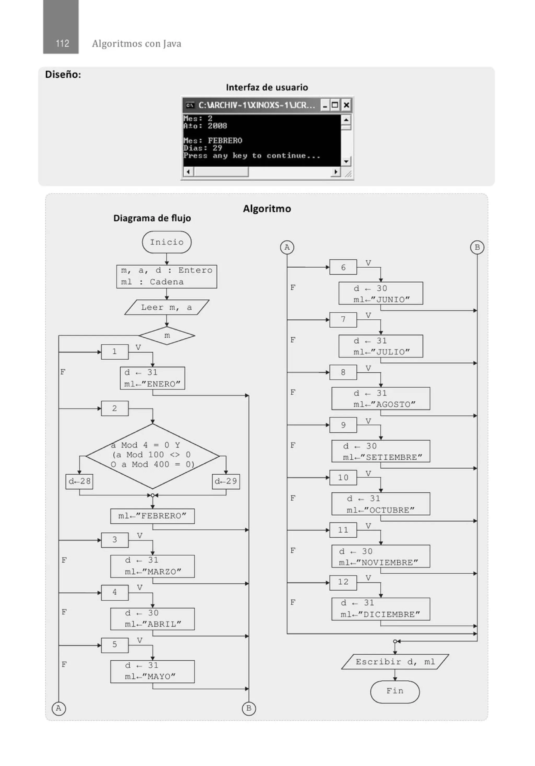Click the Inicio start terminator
(x=166, y=242)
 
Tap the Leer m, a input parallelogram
(x=166, y=307)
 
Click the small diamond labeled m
(x=167, y=335)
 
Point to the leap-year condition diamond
(x=153, y=456)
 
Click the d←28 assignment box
(x=79, y=481)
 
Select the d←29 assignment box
(x=226, y=481)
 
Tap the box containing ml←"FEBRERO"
(x=153, y=516)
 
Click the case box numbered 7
(x=343, y=320)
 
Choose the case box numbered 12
(x=343, y=582)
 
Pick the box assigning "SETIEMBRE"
(x=381, y=451)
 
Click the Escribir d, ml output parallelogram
(x=395, y=662)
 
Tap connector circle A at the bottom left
(x=59, y=708)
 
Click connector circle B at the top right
(x=477, y=247)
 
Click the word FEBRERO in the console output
(x=225, y=140)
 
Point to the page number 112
(x=62, y=43)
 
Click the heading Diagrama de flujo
(x=152, y=218)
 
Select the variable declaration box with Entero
(x=166, y=276)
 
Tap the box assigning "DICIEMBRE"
(x=381, y=609)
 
